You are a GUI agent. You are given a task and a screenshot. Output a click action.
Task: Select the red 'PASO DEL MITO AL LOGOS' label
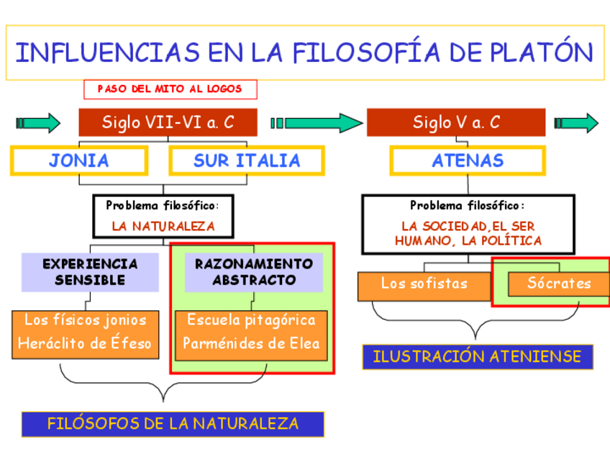(x=170, y=89)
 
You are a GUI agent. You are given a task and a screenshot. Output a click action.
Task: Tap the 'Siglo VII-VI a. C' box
(x=168, y=122)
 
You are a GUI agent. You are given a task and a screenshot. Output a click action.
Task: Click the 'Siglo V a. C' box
(x=455, y=122)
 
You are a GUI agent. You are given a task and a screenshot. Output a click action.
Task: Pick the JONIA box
(x=79, y=161)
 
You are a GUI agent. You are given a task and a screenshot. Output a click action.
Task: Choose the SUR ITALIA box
(x=247, y=161)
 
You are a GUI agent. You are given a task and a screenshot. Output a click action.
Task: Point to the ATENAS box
(x=468, y=161)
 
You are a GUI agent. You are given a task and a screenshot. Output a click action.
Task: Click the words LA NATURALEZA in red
(x=163, y=226)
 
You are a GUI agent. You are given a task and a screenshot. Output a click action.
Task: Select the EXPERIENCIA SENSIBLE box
(x=90, y=271)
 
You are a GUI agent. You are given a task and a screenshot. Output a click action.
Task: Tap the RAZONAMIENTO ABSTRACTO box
(x=254, y=271)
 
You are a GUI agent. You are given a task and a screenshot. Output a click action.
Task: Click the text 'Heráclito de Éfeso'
(x=85, y=343)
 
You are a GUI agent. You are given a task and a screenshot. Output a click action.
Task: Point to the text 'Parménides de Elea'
(x=251, y=343)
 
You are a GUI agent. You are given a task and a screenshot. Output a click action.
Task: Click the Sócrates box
(x=559, y=284)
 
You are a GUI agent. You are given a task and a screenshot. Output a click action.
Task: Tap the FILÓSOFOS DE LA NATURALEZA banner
(x=173, y=423)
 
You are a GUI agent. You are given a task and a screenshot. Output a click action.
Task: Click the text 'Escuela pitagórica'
(x=251, y=320)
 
